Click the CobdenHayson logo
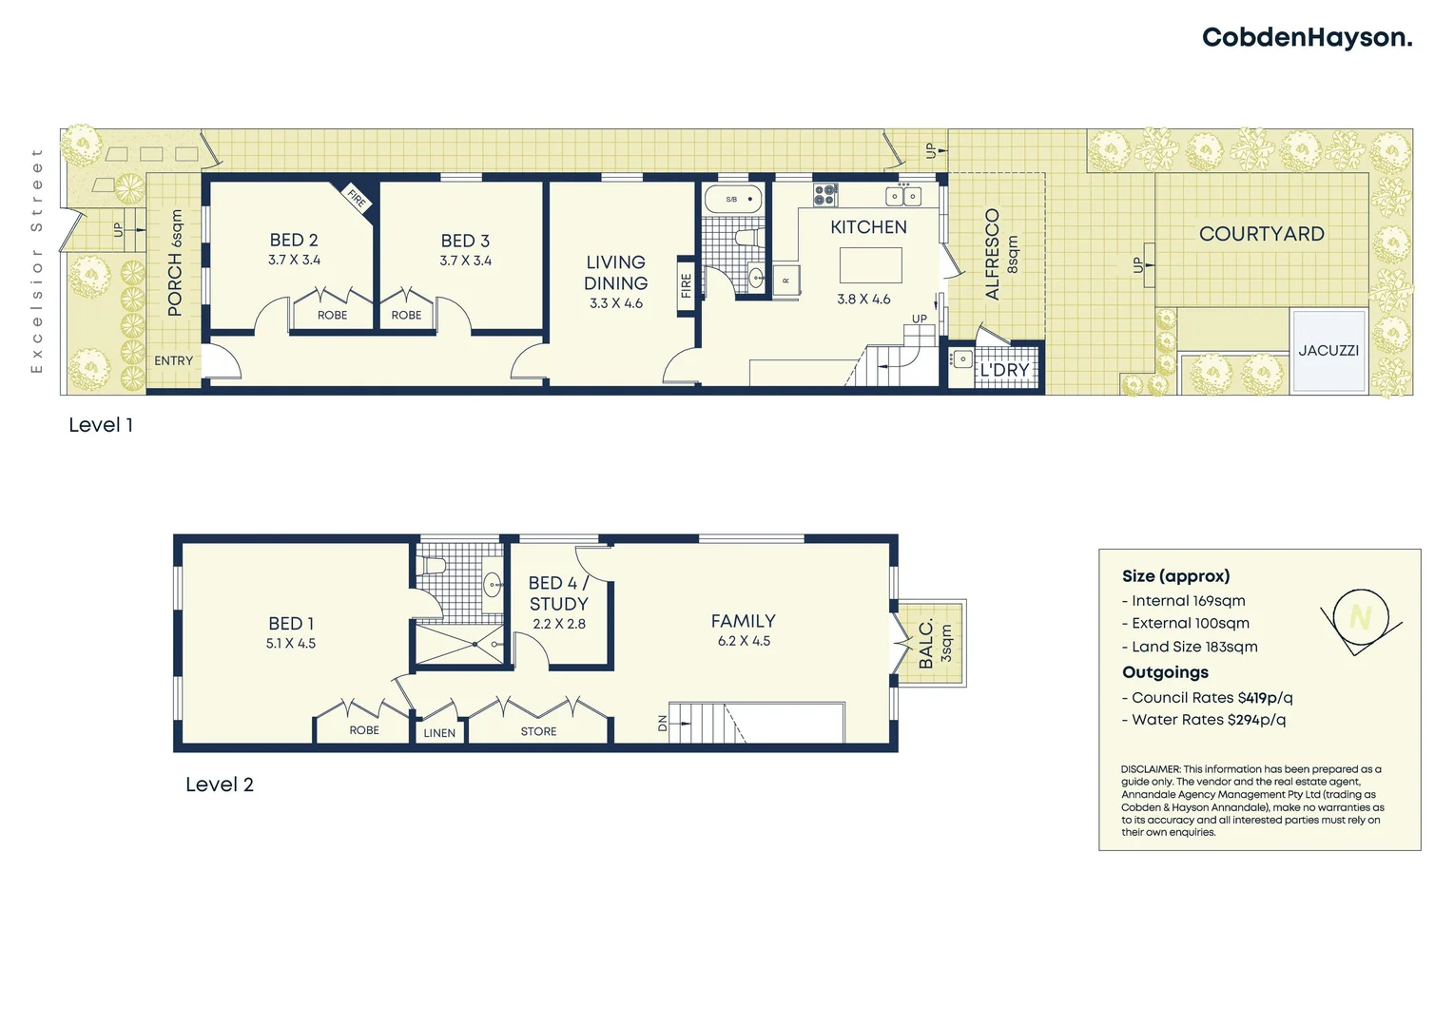[x=1307, y=38]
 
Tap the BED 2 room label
[x=294, y=241]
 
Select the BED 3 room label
[x=465, y=242]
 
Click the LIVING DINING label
[x=615, y=273]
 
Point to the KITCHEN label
[x=868, y=227]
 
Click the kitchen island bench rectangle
[x=870, y=265]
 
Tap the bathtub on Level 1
[x=732, y=200]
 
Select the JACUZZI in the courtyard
[x=1328, y=351]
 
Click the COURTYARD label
[x=1261, y=234]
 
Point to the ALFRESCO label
[x=993, y=254]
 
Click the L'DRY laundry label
[x=1004, y=370]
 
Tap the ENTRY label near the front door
[x=173, y=361]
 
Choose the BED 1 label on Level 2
[x=291, y=624]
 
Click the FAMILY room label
[x=743, y=621]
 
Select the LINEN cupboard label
[x=439, y=733]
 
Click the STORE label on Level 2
[x=538, y=731]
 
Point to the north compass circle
[x=1361, y=618]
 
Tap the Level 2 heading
[x=220, y=785]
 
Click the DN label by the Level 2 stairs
[x=663, y=724]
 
